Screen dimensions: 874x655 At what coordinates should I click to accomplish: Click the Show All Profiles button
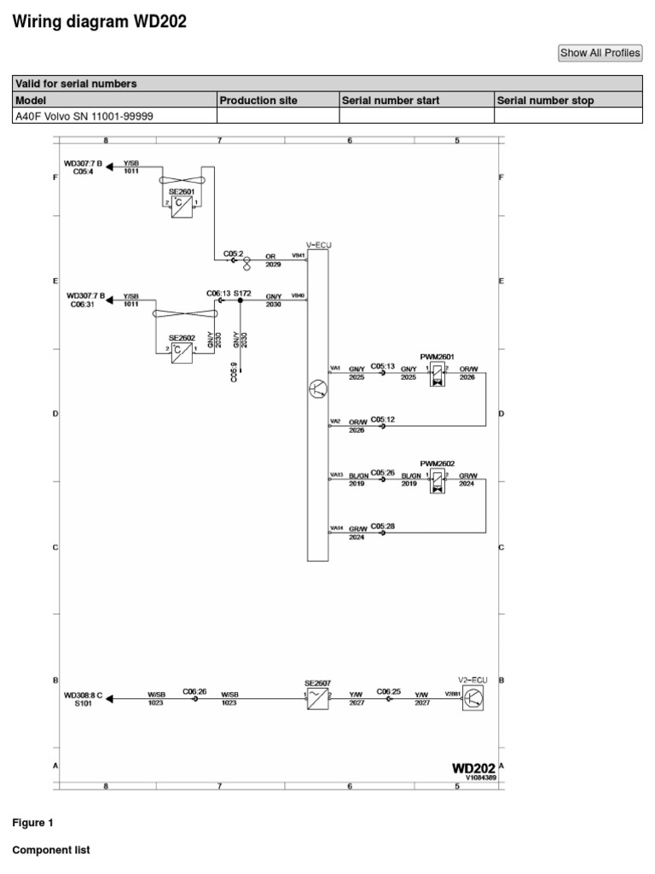[600, 53]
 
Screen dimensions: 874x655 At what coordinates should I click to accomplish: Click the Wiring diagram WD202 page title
[99, 22]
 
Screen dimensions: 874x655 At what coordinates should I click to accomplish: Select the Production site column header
[258, 101]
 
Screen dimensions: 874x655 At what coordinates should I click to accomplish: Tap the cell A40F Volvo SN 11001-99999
[84, 116]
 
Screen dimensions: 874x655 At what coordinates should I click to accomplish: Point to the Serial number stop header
[546, 101]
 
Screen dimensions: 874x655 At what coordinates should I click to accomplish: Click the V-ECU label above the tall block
[318, 245]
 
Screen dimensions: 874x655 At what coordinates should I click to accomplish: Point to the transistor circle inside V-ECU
[317, 389]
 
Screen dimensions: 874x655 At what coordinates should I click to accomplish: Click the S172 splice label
[242, 293]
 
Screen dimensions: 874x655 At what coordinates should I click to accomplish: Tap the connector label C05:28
[382, 527]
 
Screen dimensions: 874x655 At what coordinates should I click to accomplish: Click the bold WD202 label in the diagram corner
[473, 768]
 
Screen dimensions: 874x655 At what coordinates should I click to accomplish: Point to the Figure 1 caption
[32, 824]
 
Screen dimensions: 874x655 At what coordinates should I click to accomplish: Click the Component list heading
[50, 851]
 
